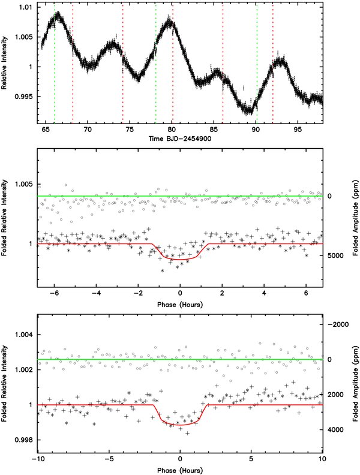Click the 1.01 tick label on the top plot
click(x=26, y=7)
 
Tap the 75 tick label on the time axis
click(x=130, y=130)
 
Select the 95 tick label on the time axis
click(x=298, y=130)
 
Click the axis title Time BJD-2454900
click(x=180, y=139)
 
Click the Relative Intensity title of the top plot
click(x=4, y=63)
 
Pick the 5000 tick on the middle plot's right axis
click(x=335, y=255)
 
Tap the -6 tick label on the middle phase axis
click(x=54, y=293)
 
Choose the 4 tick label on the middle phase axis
click(x=264, y=293)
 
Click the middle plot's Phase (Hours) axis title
click(x=180, y=304)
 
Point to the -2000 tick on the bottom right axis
click(x=336, y=324)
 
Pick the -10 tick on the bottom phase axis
click(x=38, y=459)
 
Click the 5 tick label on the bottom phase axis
click(x=251, y=459)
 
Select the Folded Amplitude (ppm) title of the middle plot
click(x=356, y=218)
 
